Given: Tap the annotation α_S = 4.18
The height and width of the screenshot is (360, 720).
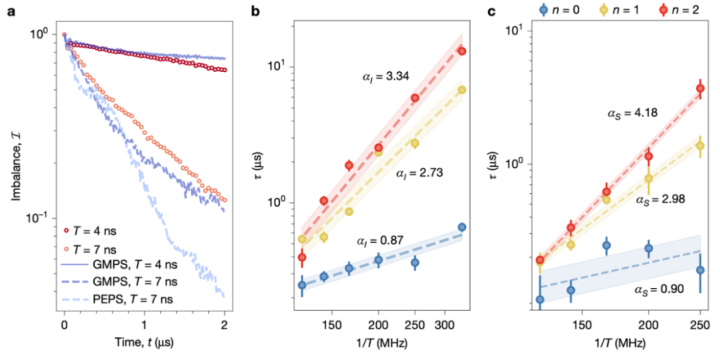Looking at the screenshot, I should tap(631, 113).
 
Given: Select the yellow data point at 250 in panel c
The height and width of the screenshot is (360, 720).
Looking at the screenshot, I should tap(700, 146).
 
